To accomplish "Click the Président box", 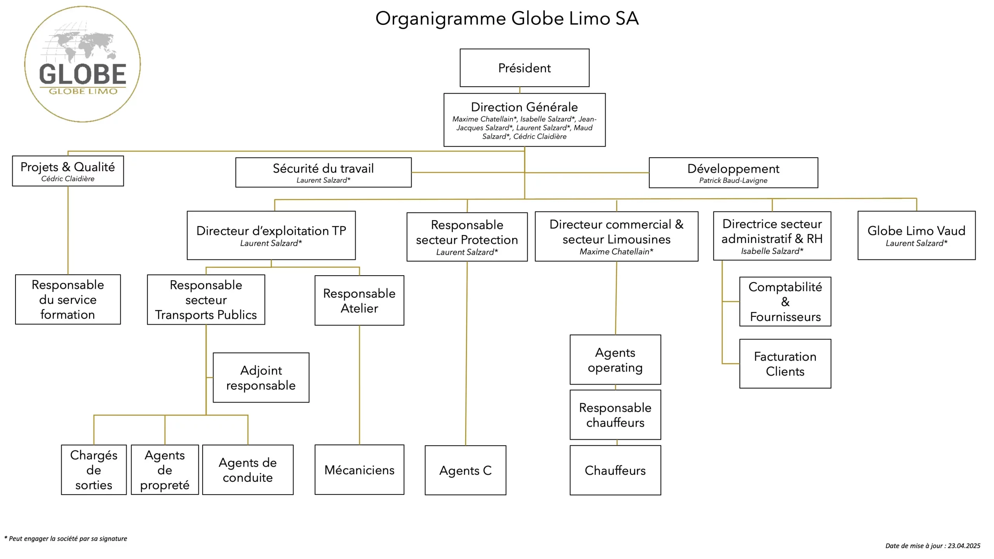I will (524, 68).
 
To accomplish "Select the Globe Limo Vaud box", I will (916, 235).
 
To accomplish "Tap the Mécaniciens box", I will (359, 470).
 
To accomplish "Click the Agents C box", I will (465, 470).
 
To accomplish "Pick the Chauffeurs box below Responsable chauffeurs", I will (615, 470).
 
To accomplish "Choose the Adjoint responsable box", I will (261, 377).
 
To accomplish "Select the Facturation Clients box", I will (785, 364).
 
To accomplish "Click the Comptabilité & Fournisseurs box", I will (785, 302).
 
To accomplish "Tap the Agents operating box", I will (615, 359).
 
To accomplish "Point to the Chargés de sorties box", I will (94, 470).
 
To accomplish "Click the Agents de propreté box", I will (165, 470).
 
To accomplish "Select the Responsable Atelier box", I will (359, 300).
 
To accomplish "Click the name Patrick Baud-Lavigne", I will (733, 181).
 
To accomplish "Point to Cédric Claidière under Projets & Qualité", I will (68, 179).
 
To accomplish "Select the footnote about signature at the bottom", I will (66, 539).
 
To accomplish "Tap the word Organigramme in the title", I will (440, 19).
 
